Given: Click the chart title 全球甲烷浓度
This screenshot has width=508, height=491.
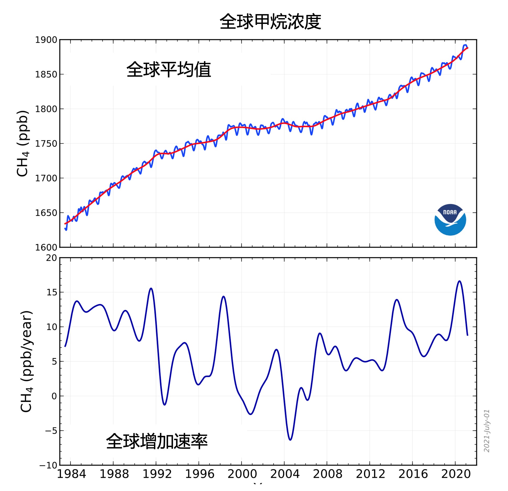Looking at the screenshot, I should tap(270, 21).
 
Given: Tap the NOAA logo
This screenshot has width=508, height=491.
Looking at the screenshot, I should tap(450, 220).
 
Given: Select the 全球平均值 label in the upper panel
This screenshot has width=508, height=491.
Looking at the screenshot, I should tap(169, 70).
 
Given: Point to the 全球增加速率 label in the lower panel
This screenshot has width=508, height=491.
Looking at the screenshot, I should tap(157, 441).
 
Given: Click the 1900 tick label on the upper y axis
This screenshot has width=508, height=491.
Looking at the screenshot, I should tap(46, 40).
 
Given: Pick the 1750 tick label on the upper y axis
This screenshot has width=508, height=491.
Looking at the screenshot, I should tap(46, 144).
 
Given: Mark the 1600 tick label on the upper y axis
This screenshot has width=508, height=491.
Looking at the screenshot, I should tap(46, 247).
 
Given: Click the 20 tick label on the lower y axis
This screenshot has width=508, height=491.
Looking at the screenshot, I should tap(51, 258).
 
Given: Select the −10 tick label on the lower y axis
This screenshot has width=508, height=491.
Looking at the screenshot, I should tap(48, 465).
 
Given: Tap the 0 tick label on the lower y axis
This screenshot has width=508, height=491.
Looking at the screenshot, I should tap(54, 396).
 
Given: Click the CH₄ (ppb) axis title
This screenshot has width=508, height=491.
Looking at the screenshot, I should tap(23, 144).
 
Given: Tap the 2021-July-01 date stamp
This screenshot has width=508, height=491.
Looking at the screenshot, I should tap(487, 431).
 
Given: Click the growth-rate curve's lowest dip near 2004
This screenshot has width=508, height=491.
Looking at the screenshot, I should tap(290, 440).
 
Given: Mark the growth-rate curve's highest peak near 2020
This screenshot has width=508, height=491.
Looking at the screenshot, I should tap(460, 281).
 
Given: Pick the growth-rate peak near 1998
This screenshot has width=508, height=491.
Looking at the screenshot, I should tap(223, 297).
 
